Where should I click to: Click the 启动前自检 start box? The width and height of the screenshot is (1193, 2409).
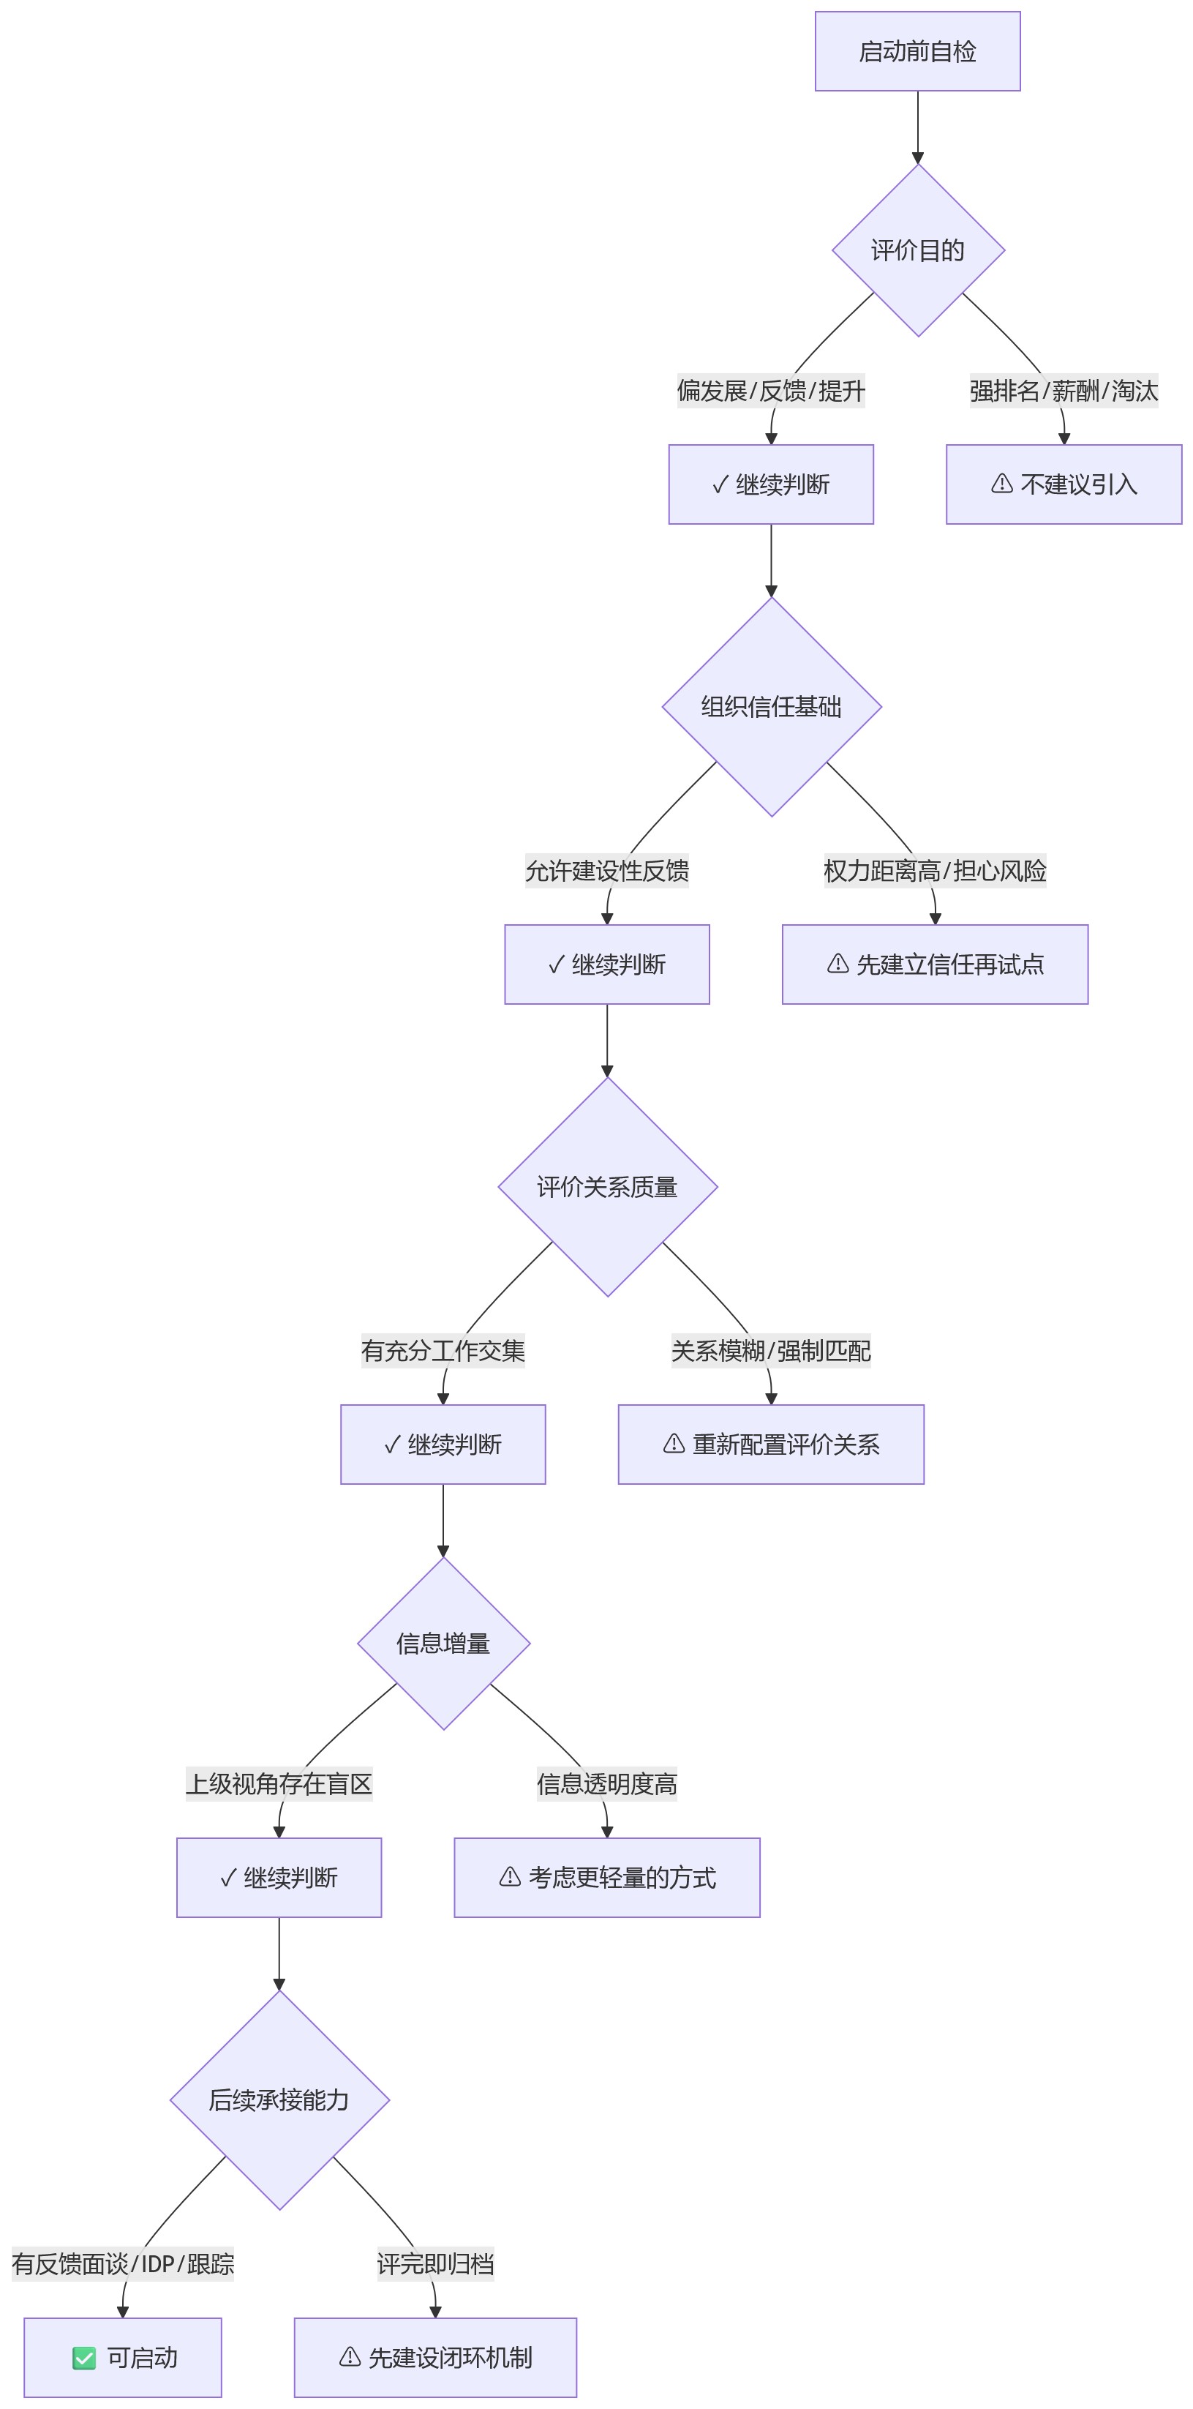tap(917, 51)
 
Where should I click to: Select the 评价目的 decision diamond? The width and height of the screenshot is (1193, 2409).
tap(918, 250)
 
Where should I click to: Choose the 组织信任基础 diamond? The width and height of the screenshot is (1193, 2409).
tap(772, 707)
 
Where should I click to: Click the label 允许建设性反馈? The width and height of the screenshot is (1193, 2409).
tap(607, 871)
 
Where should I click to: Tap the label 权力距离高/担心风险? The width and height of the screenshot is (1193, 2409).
tap(935, 871)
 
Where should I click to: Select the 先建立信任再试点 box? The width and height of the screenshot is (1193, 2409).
tap(935, 964)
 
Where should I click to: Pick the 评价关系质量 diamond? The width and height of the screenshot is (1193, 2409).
tap(608, 1187)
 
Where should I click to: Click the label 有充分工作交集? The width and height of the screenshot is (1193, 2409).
tap(443, 1350)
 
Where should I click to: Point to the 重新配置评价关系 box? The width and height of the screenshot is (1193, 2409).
tap(772, 1444)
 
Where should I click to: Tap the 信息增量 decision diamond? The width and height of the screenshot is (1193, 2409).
tap(443, 1643)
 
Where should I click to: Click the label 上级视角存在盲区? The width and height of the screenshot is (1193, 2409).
tap(279, 1783)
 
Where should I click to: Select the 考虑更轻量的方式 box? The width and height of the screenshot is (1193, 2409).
tap(607, 1877)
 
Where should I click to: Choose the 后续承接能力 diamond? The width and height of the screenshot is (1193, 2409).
tap(279, 2099)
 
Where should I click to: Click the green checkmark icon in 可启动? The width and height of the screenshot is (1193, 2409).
tap(84, 2358)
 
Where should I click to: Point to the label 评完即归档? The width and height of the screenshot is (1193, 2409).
tap(436, 2263)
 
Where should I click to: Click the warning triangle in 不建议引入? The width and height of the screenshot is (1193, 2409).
tap(1002, 484)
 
